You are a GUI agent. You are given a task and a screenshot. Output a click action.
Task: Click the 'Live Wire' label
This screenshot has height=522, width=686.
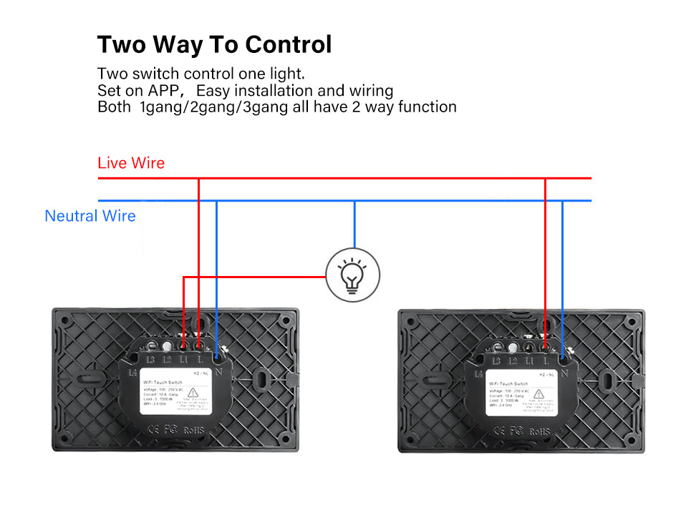pyautogui.click(x=131, y=163)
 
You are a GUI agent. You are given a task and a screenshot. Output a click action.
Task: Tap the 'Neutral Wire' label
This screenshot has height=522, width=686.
pyautogui.click(x=90, y=216)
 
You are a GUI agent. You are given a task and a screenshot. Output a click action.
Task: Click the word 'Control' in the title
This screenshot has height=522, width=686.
pyautogui.click(x=289, y=44)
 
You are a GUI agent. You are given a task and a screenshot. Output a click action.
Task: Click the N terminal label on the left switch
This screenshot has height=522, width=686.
pyautogui.click(x=218, y=372)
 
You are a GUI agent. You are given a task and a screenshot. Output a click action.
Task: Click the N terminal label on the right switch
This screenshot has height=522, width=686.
pyautogui.click(x=565, y=372)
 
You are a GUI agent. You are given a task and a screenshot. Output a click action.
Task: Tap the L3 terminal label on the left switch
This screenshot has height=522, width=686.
pyautogui.click(x=151, y=360)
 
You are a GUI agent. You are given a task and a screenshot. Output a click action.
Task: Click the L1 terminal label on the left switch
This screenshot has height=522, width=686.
pyautogui.click(x=184, y=360)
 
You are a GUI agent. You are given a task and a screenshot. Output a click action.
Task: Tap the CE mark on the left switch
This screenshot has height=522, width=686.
pyautogui.click(x=153, y=430)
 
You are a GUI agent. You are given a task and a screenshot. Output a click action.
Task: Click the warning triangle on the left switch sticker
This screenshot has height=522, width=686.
pyautogui.click(x=192, y=393)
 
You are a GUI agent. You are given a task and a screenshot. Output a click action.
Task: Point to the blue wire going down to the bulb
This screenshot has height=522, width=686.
pyautogui.click(x=354, y=225)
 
